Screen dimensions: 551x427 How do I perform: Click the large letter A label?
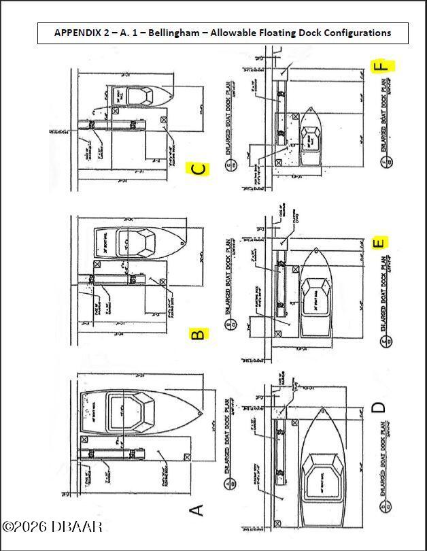(x=197, y=510)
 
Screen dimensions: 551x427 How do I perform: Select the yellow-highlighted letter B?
(x=197, y=334)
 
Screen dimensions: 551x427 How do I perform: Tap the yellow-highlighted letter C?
(x=198, y=169)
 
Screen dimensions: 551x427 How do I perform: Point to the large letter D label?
(x=379, y=408)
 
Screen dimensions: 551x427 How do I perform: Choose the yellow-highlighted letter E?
(x=380, y=242)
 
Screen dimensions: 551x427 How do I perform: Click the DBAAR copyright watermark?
(x=52, y=527)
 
